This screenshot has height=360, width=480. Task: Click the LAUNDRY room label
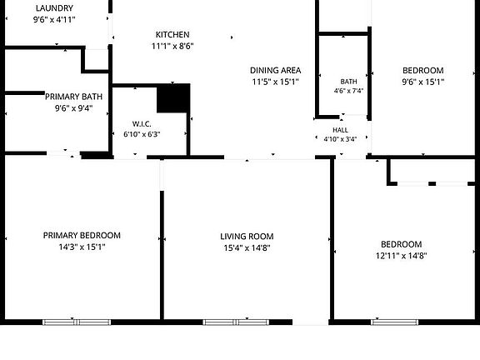(54, 8)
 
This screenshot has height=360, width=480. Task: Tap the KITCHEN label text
(172, 35)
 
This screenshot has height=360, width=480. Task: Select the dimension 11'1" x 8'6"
(172, 46)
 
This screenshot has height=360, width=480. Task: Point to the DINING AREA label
(276, 70)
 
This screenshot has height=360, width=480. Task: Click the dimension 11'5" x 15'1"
(276, 82)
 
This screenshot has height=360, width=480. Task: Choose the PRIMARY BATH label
(74, 97)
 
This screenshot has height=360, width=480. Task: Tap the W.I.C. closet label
(142, 124)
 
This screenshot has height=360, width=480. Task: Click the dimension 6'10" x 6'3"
(142, 134)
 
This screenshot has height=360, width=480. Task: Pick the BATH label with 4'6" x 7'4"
(348, 82)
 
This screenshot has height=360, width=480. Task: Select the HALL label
(340, 130)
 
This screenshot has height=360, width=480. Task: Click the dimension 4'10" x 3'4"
(340, 139)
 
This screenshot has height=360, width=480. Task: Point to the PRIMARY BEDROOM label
(82, 235)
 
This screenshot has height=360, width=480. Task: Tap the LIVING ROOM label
(247, 237)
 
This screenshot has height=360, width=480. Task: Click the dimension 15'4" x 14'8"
(247, 248)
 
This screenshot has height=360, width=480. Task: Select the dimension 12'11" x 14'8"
(402, 256)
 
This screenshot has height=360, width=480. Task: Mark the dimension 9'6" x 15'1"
(423, 82)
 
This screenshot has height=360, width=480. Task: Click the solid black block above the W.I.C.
(173, 98)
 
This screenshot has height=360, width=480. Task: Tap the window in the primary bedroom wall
(77, 322)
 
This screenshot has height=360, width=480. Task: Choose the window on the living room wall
(236, 322)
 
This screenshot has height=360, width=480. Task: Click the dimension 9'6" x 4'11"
(54, 20)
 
